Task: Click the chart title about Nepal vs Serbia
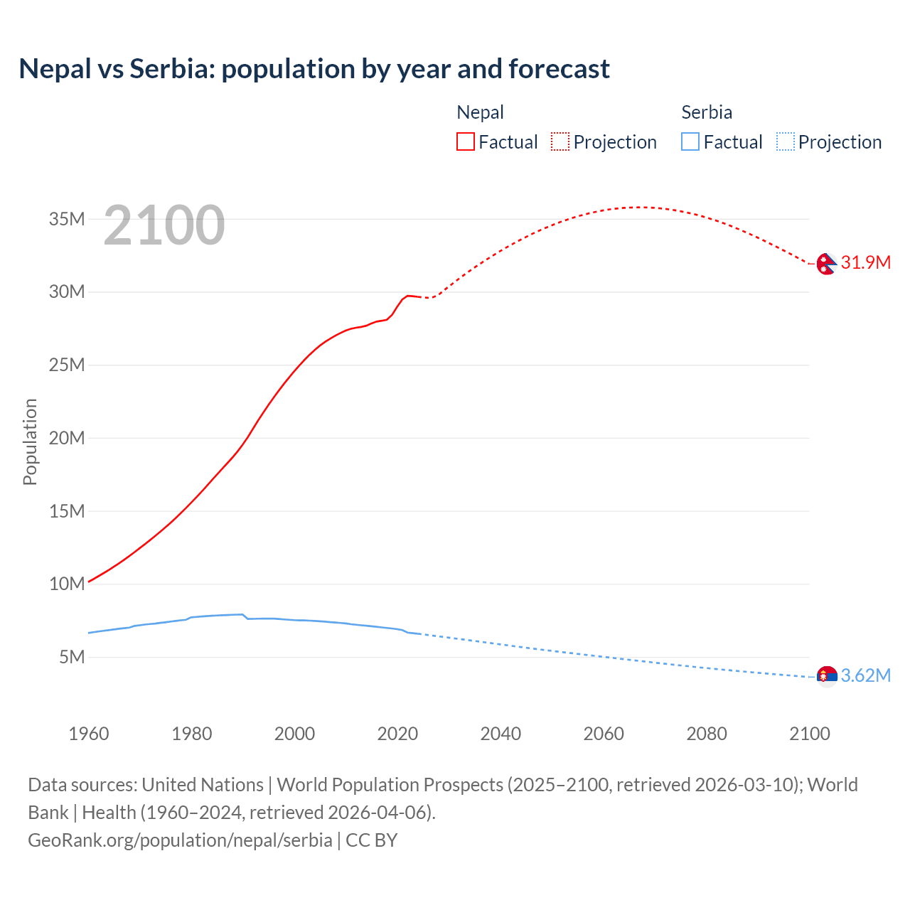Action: click(314, 69)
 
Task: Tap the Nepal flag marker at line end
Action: click(826, 264)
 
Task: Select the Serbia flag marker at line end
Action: click(826, 676)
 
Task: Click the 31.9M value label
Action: click(865, 262)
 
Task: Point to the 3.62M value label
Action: click(865, 675)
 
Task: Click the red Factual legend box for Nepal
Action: click(466, 142)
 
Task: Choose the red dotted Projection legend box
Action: click(560, 142)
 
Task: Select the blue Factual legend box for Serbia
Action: click(690, 142)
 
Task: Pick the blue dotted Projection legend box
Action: click(786, 142)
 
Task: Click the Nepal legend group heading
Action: click(480, 112)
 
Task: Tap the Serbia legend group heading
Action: click(706, 112)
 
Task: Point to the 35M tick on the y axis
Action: click(67, 219)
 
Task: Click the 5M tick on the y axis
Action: click(72, 657)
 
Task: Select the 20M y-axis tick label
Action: click(67, 438)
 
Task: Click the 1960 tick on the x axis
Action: click(89, 734)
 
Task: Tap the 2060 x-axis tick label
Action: click(604, 734)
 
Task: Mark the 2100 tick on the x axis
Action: click(809, 734)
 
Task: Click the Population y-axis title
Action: click(30, 441)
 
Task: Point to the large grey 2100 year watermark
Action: click(164, 225)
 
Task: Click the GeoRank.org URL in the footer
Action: click(180, 840)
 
